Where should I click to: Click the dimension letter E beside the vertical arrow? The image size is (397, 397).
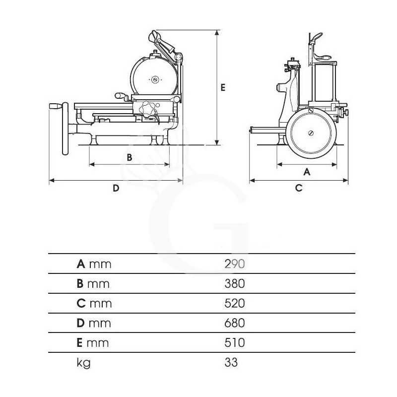[223, 87]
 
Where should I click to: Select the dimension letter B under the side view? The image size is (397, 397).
[129, 157]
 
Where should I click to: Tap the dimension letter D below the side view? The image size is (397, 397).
[116, 188]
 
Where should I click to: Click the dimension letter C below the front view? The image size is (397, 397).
[298, 188]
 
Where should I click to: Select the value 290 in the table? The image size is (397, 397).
[235, 264]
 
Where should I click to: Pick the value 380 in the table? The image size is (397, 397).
[235, 283]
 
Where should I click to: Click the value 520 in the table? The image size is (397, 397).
[235, 303]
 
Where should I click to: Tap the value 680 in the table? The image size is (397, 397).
[235, 323]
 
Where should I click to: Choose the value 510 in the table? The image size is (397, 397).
[235, 342]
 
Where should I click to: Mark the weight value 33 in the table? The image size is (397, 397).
[231, 362]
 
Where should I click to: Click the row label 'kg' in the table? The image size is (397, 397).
[84, 363]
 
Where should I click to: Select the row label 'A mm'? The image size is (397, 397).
[94, 264]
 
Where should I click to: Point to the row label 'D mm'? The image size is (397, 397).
[94, 323]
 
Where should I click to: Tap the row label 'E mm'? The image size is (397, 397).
[93, 342]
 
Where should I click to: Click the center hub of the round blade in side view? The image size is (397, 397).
[155, 78]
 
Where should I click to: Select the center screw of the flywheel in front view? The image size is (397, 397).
[311, 132]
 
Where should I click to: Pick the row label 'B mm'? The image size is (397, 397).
[93, 283]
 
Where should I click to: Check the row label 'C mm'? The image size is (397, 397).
[94, 303]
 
